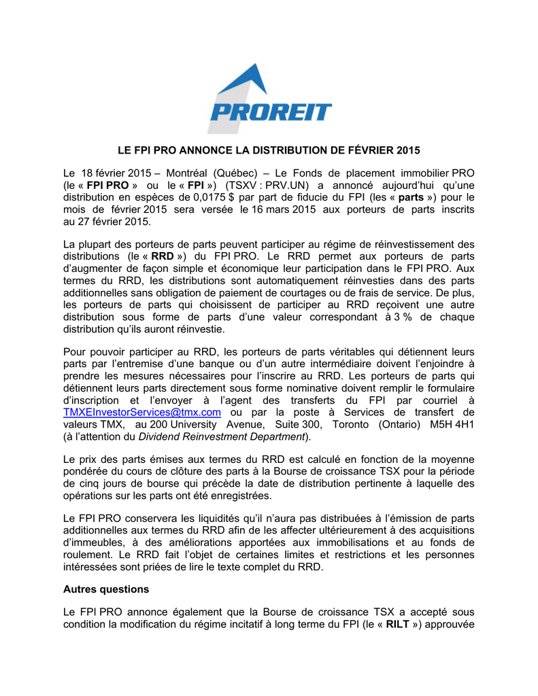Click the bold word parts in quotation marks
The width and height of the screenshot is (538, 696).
(x=412, y=197)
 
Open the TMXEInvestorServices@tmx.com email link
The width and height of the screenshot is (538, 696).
(x=142, y=413)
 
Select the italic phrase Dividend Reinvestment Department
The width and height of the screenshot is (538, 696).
(x=225, y=436)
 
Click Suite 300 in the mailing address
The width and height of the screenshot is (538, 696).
(x=295, y=424)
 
